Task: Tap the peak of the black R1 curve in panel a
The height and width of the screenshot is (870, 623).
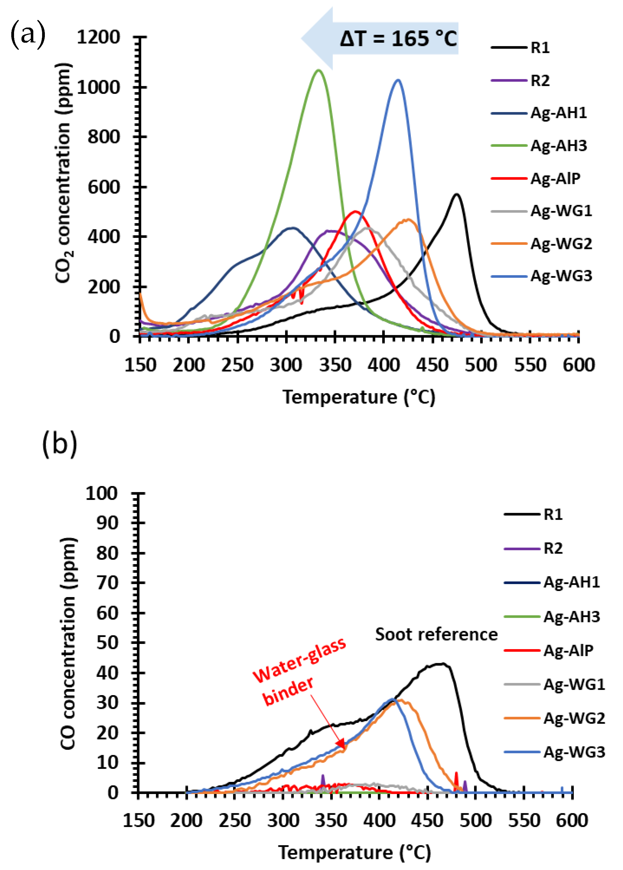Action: (x=456, y=194)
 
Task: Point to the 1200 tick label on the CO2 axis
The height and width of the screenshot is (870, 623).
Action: (x=99, y=37)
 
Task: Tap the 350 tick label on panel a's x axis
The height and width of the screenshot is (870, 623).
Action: (x=335, y=365)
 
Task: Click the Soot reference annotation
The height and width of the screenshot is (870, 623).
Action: (x=436, y=635)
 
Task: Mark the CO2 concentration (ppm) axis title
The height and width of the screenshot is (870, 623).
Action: (x=64, y=173)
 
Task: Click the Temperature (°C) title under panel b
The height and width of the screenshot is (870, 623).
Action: (x=355, y=852)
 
